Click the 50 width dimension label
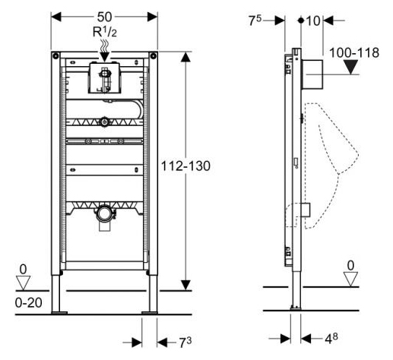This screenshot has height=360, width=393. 104,17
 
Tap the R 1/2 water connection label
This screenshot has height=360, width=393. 105,32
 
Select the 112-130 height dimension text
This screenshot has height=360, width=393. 185,166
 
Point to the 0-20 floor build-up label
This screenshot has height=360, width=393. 28,302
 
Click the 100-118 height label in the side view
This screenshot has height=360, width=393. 354,52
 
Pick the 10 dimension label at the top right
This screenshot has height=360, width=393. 313,21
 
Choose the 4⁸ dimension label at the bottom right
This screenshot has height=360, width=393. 331,338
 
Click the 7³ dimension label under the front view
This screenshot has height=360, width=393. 185,343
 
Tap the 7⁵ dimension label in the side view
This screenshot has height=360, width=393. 255,21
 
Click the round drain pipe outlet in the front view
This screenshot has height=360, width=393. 104,213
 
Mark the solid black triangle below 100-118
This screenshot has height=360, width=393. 350,67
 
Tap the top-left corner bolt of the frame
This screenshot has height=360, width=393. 55,55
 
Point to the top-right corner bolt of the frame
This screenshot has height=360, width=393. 153,55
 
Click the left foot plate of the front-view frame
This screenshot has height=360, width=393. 59,313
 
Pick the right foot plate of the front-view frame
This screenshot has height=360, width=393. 150,313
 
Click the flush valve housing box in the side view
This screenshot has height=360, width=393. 312,74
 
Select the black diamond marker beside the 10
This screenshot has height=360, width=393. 301,21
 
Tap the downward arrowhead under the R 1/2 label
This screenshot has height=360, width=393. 104,57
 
